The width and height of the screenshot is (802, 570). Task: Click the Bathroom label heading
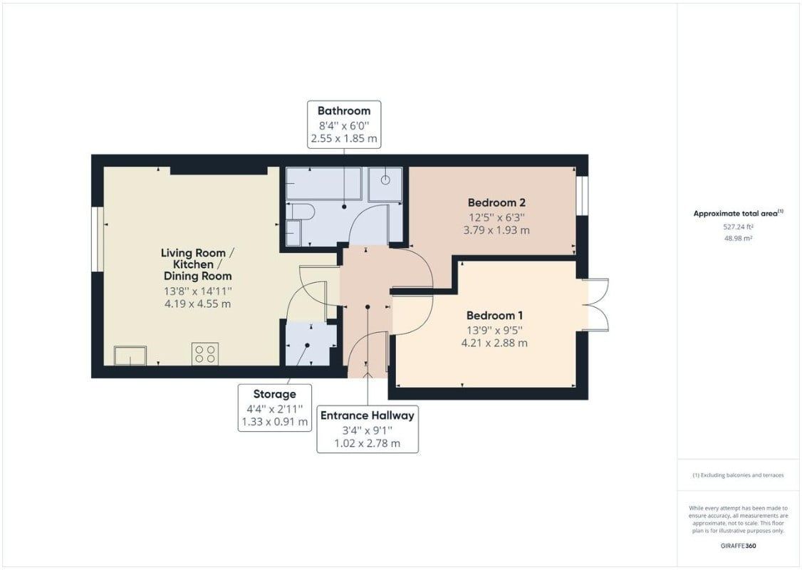tap(344, 110)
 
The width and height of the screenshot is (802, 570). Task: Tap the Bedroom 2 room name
tap(496, 202)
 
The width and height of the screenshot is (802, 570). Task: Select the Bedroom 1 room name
tap(494, 315)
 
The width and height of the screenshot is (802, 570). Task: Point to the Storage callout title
tap(275, 394)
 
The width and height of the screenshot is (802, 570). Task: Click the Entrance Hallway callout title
tap(368, 415)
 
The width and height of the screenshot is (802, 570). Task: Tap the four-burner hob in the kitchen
tap(205, 353)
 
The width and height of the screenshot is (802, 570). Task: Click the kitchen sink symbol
tap(130, 356)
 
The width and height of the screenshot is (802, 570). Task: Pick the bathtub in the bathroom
tap(324, 183)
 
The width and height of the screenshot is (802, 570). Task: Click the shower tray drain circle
tap(385, 180)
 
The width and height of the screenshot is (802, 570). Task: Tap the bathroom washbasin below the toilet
tap(293, 233)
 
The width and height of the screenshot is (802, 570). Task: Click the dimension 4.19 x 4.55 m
tap(197, 304)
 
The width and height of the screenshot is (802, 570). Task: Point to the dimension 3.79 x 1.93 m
tap(496, 230)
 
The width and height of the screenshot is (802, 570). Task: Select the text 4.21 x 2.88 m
tap(494, 343)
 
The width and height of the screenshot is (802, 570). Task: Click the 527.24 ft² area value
tap(738, 226)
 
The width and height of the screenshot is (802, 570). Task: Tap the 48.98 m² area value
tap(738, 239)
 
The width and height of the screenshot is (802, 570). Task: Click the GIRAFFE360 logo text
tap(738, 546)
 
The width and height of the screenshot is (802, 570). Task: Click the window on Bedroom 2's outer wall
tap(582, 196)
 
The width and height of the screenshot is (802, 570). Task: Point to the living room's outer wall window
tap(98, 239)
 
